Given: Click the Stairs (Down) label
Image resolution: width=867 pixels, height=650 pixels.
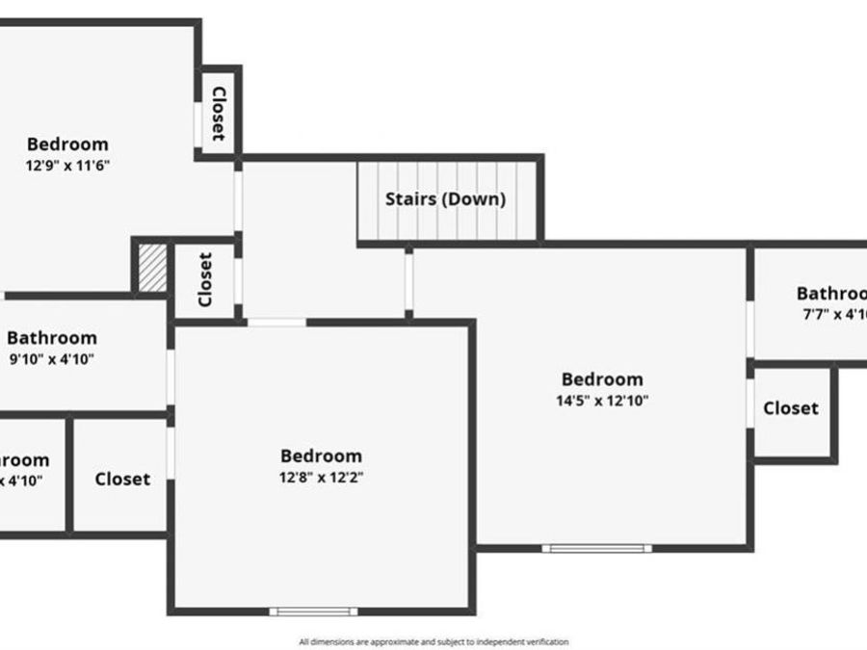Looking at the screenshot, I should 445,200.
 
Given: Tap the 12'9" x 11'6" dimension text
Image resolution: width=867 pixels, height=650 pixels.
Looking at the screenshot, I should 67,165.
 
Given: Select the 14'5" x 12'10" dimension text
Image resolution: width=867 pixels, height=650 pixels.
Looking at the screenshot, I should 602,401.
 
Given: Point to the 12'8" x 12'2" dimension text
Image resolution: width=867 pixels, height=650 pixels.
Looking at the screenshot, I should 321,477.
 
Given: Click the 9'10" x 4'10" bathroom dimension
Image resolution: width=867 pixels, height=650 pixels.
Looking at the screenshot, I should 51,359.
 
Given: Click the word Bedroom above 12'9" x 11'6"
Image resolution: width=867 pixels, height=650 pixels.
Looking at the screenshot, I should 67,144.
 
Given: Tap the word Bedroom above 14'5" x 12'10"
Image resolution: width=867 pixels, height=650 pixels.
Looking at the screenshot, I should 602,379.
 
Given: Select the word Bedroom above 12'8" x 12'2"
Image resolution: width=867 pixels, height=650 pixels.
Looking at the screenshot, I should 321,455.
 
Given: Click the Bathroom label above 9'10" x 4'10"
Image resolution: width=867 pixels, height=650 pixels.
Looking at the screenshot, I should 52,338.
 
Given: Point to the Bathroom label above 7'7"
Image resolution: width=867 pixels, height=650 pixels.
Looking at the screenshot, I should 831,294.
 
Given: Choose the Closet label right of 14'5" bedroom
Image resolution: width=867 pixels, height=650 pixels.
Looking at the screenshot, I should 791,408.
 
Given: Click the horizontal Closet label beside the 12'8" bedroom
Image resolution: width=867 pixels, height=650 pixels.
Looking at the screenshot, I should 122,479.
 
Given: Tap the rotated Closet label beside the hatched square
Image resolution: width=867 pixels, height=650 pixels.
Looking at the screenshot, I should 204,279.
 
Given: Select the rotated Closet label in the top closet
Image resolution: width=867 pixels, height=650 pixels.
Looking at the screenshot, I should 219,114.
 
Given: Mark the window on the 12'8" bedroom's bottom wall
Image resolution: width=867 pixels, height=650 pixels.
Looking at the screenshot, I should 313,611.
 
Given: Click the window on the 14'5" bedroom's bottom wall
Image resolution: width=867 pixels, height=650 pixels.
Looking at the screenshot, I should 596,548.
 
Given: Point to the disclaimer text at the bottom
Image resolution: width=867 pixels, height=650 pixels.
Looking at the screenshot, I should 433,641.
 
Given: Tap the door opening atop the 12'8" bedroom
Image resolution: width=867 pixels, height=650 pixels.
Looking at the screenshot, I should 276,323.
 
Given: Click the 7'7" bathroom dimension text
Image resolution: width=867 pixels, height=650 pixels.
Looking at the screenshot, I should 834,314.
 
